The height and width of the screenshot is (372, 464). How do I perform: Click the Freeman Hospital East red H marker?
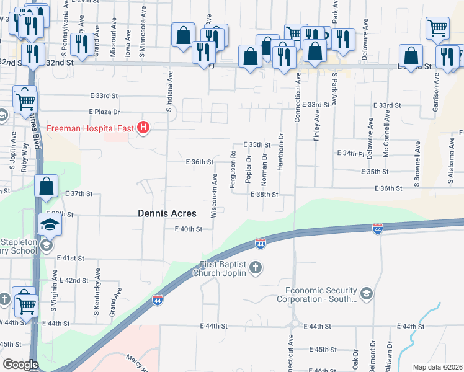coord(144,129)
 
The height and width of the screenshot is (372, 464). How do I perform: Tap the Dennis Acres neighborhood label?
coord(167,213)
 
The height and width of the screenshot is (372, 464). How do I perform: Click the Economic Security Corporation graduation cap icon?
coord(366,293)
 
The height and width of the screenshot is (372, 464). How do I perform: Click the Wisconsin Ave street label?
coord(214,195)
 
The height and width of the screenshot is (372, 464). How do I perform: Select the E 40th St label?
coord(189,229)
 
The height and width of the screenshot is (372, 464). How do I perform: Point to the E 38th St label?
coord(264,194)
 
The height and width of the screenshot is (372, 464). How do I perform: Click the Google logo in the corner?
coord(20,365)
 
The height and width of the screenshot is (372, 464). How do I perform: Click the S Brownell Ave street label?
coord(418,164)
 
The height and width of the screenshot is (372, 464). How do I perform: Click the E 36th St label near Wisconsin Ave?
coord(200,162)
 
